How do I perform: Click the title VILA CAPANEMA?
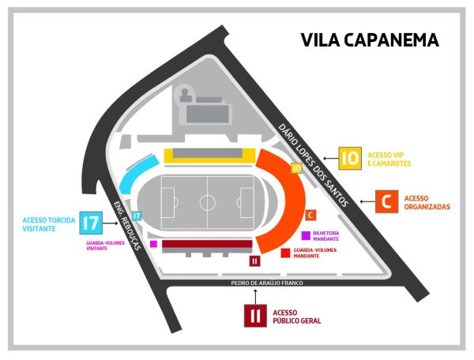[369, 40]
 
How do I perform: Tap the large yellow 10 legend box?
[351, 158]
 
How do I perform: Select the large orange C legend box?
[386, 202]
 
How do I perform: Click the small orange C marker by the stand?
[310, 215]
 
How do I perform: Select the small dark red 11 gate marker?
[254, 261]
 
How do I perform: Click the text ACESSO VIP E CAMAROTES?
[390, 159]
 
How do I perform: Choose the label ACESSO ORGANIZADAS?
[427, 202]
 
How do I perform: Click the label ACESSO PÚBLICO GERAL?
[297, 315]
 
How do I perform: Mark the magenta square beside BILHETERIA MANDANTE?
[306, 235]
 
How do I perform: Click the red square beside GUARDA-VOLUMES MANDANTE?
[284, 253]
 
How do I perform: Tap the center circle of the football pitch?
[207, 201]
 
